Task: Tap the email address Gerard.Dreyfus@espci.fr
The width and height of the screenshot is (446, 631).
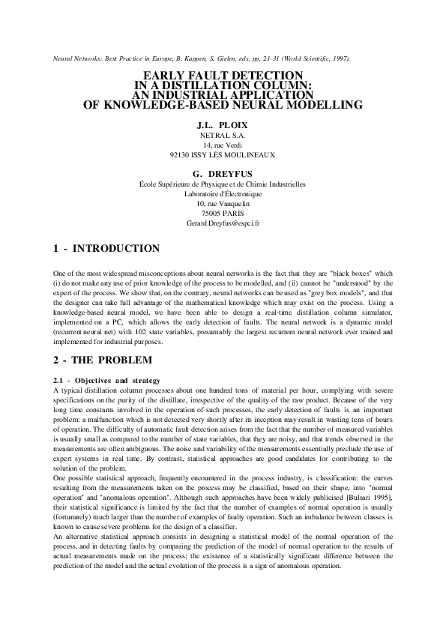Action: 223,223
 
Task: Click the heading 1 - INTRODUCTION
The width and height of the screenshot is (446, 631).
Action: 107,248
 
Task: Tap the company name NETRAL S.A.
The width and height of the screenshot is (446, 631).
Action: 223,134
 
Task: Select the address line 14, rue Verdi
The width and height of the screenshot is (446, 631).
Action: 223,145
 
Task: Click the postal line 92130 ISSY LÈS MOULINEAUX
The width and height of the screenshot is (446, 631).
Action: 223,155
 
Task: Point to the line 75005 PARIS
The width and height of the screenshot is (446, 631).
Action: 223,214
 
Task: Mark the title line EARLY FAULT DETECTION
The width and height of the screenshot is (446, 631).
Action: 223,75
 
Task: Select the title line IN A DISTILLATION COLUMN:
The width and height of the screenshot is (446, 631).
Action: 223,85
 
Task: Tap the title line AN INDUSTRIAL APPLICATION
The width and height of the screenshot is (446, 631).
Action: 223,95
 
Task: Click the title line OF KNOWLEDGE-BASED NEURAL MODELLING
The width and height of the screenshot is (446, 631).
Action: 223,106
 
